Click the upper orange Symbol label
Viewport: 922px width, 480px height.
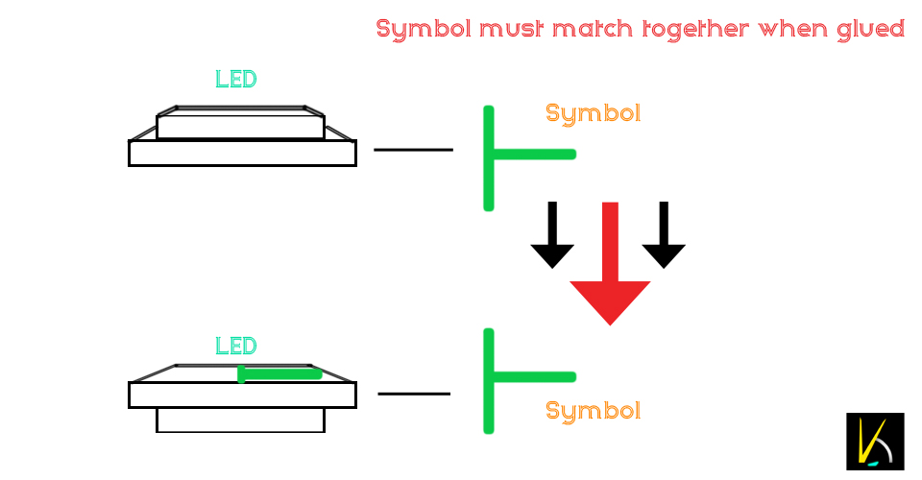pyautogui.click(x=593, y=113)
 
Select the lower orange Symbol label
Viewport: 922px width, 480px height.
pyautogui.click(x=593, y=411)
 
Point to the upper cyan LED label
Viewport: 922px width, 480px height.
pyautogui.click(x=236, y=80)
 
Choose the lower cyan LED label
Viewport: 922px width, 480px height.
pyautogui.click(x=236, y=346)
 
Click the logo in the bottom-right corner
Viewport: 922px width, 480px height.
pyautogui.click(x=875, y=442)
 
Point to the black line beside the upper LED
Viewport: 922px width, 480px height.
pyautogui.click(x=413, y=150)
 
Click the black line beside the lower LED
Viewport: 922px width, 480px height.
pyautogui.click(x=414, y=394)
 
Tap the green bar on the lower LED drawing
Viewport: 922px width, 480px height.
pyautogui.click(x=279, y=373)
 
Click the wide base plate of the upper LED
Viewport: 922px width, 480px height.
pyautogui.click(x=242, y=153)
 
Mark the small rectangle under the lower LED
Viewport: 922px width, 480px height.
pyautogui.click(x=240, y=420)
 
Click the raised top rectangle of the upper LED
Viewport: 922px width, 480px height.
pyautogui.click(x=240, y=127)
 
